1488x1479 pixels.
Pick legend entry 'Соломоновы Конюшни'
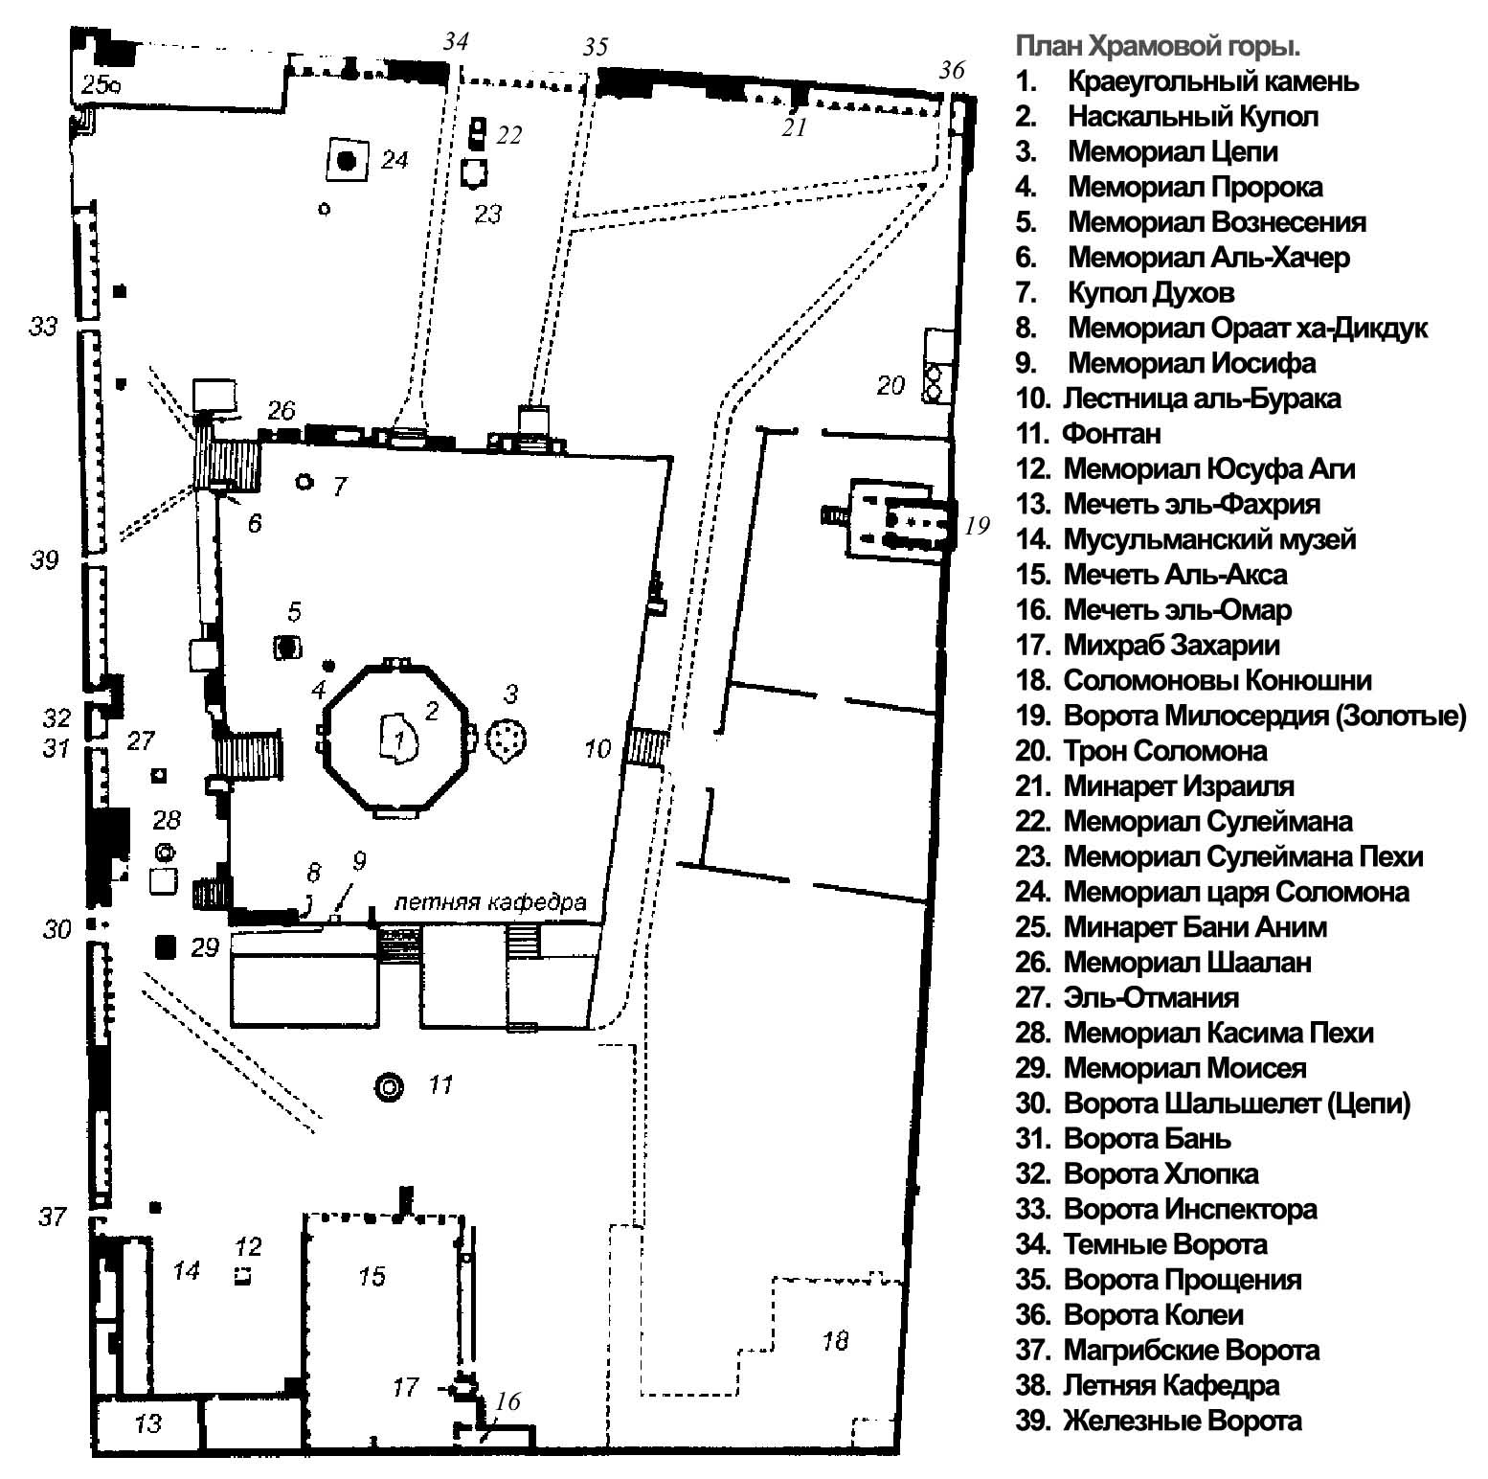pyautogui.click(x=1217, y=680)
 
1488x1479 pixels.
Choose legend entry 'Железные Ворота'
pyautogui.click(x=1182, y=1421)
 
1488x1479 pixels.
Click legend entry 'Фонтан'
pyautogui.click(x=1111, y=434)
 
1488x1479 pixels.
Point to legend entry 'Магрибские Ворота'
pyautogui.click(x=1191, y=1350)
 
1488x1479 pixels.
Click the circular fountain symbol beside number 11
pyautogui.click(x=390, y=1085)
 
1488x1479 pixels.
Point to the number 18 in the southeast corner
pyautogui.click(x=835, y=1339)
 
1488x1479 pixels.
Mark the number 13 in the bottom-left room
pyautogui.click(x=147, y=1422)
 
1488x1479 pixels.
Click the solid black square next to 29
pyautogui.click(x=166, y=947)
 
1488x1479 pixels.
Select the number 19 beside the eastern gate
pyautogui.click(x=977, y=525)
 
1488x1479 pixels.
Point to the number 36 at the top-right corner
pyautogui.click(x=952, y=69)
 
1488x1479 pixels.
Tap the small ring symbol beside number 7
pyautogui.click(x=305, y=482)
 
